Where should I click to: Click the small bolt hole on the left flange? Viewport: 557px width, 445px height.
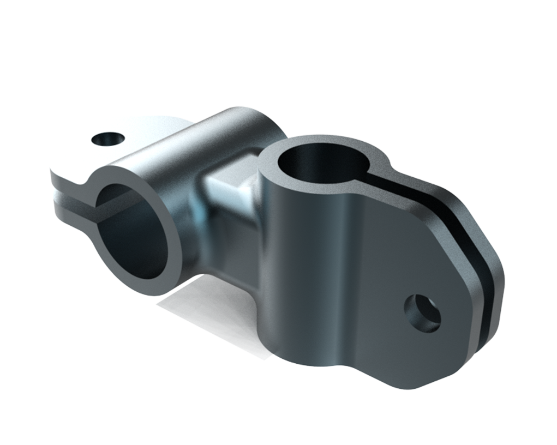click(107, 140)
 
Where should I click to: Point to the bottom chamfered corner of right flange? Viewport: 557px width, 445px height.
click(415, 382)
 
